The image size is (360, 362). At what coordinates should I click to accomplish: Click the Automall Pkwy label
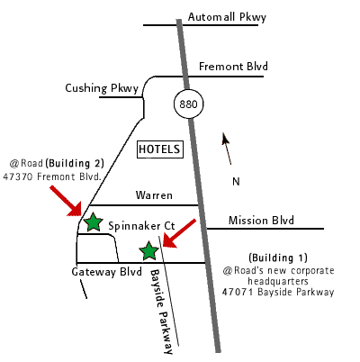[x=227, y=17]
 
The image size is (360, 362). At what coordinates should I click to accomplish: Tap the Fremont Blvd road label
[x=233, y=67]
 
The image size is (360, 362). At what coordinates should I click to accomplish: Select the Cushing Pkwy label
[x=102, y=88]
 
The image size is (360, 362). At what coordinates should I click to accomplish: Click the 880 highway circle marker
[x=189, y=104]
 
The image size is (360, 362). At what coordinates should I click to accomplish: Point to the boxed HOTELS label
[x=160, y=149]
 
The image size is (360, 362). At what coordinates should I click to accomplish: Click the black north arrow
[x=227, y=149]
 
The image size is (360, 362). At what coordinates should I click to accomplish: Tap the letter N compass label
[x=236, y=182]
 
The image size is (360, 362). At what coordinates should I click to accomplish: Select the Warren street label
[x=154, y=195]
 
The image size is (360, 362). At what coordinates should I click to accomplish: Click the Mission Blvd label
[x=261, y=221]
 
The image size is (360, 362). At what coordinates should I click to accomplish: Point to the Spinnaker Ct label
[x=141, y=226]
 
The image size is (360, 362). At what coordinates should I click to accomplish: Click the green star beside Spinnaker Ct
[x=93, y=222]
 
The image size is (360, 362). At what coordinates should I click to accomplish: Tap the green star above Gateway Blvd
[x=148, y=251]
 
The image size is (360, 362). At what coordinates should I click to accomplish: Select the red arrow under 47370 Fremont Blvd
[x=67, y=201]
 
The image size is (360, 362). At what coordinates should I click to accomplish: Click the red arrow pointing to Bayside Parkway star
[x=179, y=233]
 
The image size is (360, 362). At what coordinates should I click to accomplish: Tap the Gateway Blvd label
[x=106, y=272]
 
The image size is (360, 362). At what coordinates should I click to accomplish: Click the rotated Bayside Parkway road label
[x=161, y=312]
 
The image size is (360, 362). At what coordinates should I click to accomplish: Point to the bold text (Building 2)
[x=75, y=164]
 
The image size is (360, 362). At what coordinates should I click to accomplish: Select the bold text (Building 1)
[x=278, y=258]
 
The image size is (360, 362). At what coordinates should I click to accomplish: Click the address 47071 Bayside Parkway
[x=278, y=292]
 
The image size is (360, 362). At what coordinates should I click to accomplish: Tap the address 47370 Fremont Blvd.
[x=52, y=176]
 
